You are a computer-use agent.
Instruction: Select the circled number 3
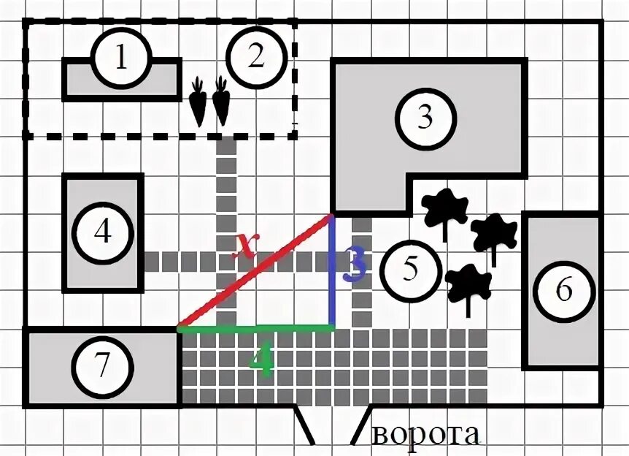tap(425, 118)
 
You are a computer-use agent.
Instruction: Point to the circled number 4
tap(103, 233)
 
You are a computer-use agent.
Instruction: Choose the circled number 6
tap(563, 291)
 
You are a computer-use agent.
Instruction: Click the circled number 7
tap(101, 366)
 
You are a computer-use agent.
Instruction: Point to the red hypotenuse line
tap(255, 272)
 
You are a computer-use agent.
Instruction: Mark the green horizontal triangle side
tap(255, 329)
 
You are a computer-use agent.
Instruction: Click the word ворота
tap(426, 435)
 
